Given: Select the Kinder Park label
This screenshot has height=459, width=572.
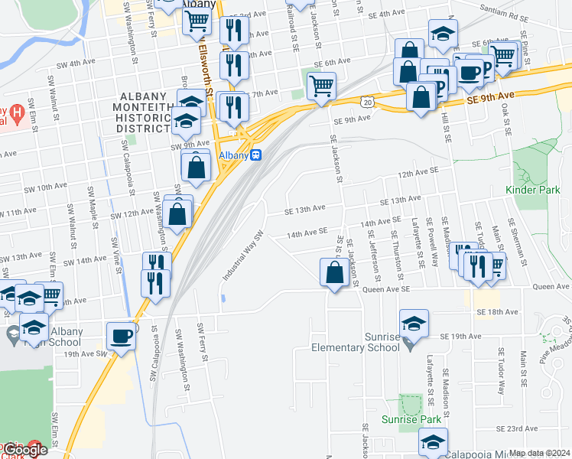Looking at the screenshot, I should point(528,189).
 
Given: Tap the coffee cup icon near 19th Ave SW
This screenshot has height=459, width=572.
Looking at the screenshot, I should point(122,336).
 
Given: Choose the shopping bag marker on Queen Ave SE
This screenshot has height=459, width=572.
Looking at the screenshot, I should point(335,272).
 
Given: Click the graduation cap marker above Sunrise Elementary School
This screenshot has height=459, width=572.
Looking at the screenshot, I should point(414,324).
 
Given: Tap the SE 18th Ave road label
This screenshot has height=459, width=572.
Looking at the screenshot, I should point(497,312).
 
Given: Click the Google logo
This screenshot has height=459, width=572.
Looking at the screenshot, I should point(24,451).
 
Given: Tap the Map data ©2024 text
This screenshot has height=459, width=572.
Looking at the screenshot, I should point(539,453).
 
